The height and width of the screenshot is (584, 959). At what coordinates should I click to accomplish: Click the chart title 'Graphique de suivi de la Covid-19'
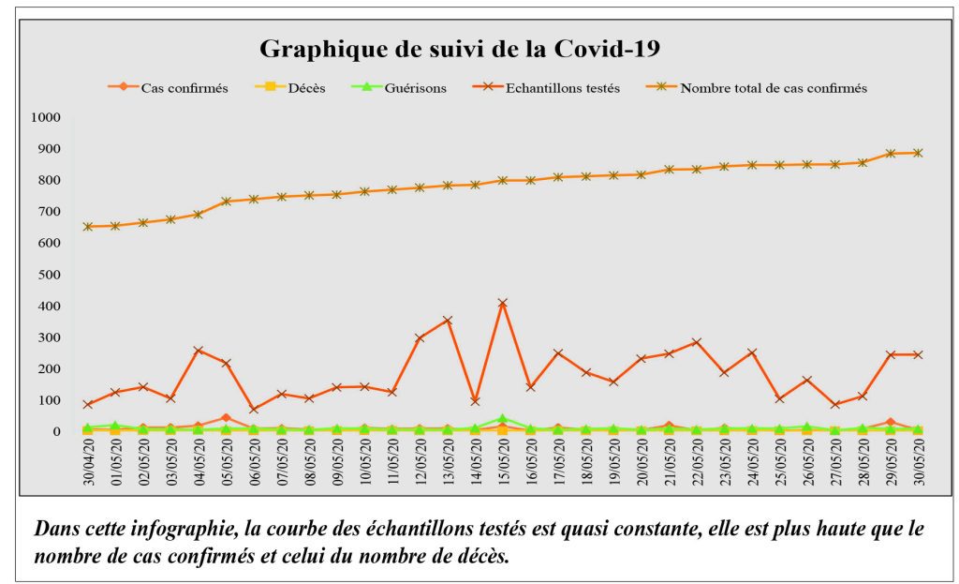pyautogui.click(x=459, y=49)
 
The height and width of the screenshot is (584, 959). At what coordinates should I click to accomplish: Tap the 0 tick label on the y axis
pyautogui.click(x=56, y=432)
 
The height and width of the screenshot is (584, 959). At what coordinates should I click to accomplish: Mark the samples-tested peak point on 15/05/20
pyautogui.click(x=503, y=303)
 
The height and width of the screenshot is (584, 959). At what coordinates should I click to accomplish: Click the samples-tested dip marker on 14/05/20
pyautogui.click(x=475, y=401)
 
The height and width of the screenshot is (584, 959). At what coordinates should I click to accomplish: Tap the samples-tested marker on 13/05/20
pyautogui.click(x=448, y=321)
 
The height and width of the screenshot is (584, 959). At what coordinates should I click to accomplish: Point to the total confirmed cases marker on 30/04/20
pyautogui.click(x=88, y=226)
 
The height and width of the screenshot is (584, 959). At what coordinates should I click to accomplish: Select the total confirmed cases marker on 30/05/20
pyautogui.click(x=918, y=153)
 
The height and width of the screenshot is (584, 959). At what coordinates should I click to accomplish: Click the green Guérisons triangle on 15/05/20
pyautogui.click(x=503, y=419)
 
